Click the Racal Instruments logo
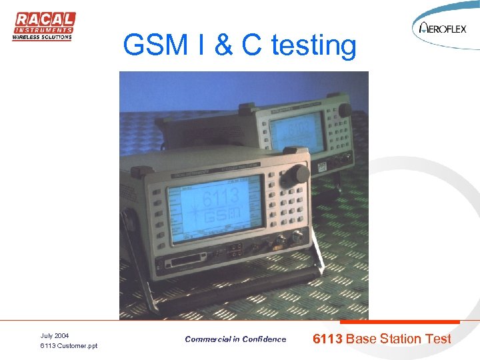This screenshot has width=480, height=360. coord(43,27)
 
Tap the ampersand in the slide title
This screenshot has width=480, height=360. coord(225,45)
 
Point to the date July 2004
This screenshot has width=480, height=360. coord(54,335)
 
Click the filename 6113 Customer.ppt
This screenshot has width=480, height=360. coord(69,346)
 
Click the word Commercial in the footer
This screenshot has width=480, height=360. coord(207,339)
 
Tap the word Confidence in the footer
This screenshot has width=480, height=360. coord(263,339)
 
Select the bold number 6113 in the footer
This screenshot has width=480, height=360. coord(328,339)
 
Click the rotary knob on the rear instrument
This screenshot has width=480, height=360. coord(345,110)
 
